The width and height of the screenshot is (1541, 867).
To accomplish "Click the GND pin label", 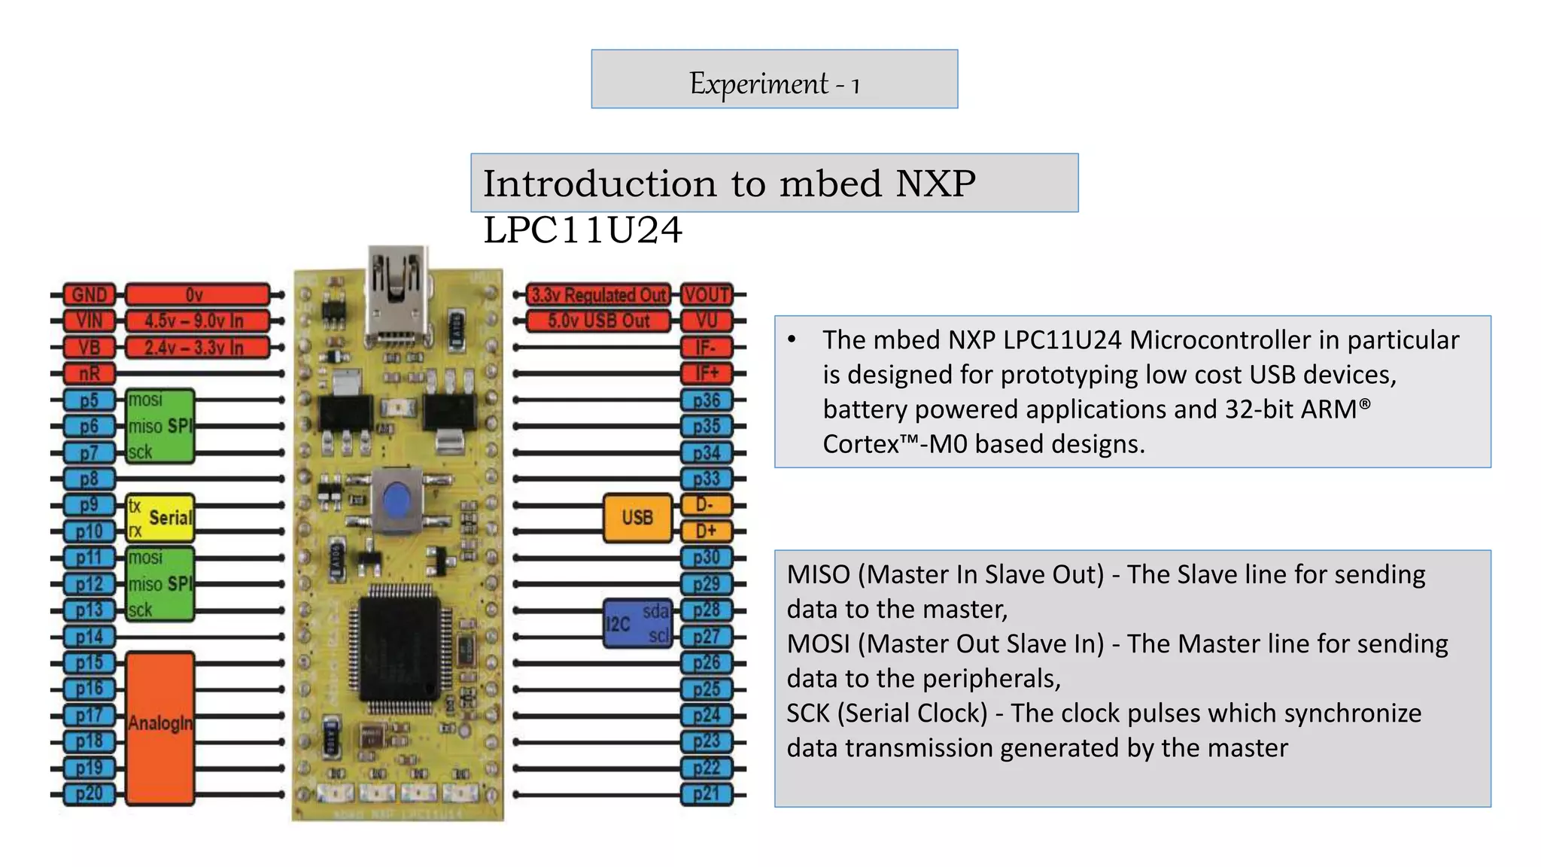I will pos(89,294).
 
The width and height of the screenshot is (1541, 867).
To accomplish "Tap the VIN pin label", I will pos(89,321).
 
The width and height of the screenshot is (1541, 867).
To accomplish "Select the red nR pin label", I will pos(89,373).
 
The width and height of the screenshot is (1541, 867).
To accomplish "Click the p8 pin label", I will pos(89,479).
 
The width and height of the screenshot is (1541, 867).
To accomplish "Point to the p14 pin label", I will pos(89,637).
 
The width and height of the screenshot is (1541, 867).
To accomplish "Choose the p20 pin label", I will pos(89,794).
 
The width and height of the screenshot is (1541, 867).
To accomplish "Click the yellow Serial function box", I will pos(160,518).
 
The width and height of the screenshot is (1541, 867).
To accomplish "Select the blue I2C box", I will pos(637,623).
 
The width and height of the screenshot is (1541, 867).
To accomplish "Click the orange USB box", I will pos(637,518).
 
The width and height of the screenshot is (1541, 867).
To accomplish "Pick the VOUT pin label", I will pos(707,294).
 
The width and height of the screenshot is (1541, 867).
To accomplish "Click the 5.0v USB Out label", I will pos(598,321).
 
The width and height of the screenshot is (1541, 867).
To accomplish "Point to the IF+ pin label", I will pos(707,373).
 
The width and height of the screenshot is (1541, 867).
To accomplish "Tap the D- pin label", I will pos(707,505).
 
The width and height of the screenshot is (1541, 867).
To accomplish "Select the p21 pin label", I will pos(707,794).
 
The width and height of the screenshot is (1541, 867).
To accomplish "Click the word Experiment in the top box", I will pos(758,84).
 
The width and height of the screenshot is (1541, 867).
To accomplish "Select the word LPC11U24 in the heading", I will pos(582,230).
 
